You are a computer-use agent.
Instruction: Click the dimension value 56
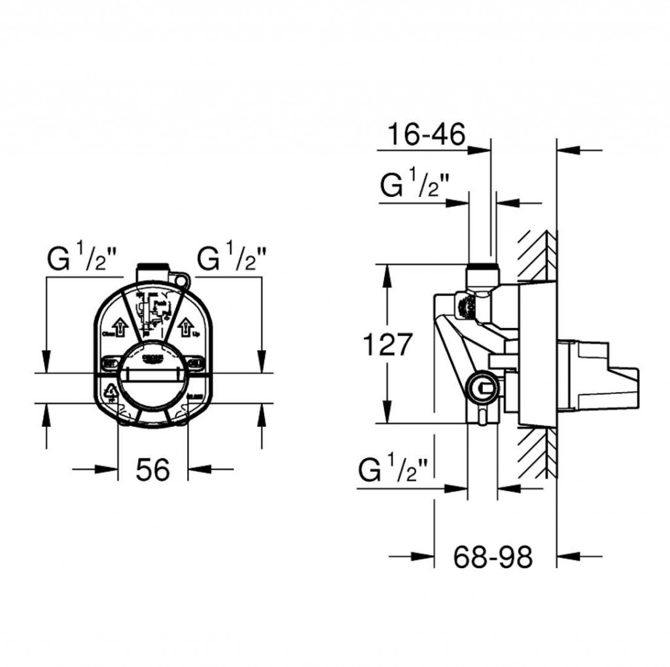click(153, 469)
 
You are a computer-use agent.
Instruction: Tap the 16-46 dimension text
click(425, 135)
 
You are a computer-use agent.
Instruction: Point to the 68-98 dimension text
click(493, 557)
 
